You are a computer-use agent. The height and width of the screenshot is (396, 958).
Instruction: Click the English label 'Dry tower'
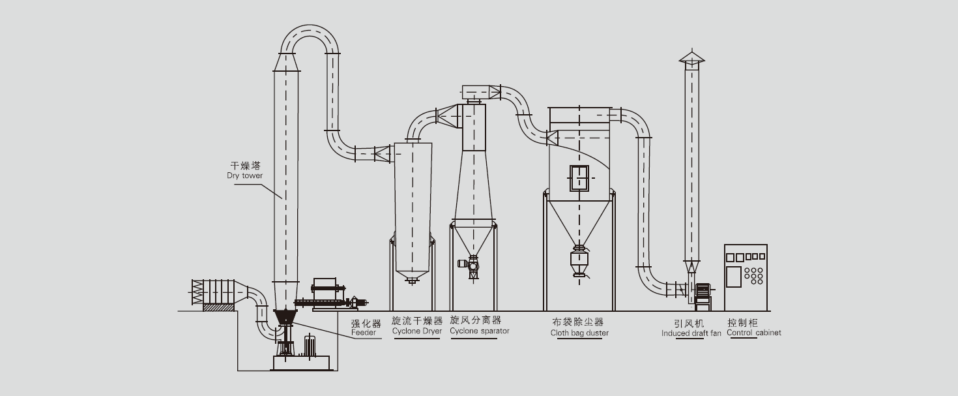[240, 176]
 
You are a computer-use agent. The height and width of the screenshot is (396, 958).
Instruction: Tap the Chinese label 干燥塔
[240, 166]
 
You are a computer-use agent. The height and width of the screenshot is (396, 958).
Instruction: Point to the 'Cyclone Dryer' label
[417, 331]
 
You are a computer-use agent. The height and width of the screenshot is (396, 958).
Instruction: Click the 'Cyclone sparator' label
[480, 331]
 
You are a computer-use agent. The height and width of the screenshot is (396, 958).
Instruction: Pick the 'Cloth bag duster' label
[579, 333]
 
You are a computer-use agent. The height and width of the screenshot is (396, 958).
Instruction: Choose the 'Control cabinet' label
[754, 333]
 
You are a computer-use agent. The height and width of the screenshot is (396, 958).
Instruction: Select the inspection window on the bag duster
[579, 177]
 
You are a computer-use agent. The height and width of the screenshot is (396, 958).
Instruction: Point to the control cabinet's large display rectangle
[734, 276]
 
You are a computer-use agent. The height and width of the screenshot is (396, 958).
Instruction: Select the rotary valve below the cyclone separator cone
[473, 264]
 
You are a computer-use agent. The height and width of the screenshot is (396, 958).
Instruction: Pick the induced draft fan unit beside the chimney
[702, 293]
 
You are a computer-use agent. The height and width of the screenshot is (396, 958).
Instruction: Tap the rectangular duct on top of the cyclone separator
[480, 91]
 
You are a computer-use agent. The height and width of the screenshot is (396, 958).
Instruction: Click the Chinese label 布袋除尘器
[578, 322]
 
